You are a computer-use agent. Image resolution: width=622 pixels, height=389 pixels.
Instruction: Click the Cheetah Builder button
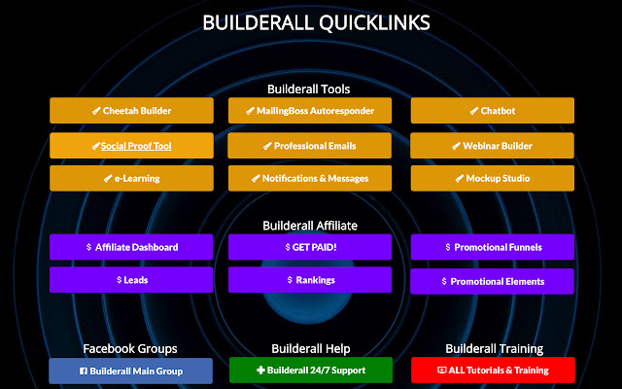tap(131, 111)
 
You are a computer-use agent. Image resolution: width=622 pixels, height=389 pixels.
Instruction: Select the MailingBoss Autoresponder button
tap(310, 111)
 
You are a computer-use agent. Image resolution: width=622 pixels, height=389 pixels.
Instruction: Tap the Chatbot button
tap(492, 111)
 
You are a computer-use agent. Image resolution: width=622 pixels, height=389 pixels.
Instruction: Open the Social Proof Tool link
tap(131, 146)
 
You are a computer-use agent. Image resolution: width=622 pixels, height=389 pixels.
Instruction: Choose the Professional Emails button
tap(310, 146)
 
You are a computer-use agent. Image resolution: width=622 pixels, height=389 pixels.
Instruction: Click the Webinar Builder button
tap(492, 146)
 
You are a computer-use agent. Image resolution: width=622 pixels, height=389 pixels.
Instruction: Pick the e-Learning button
tap(131, 179)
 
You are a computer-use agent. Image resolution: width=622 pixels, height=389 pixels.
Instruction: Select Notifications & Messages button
tap(310, 179)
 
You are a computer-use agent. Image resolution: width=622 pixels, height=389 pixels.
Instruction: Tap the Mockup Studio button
tap(492, 179)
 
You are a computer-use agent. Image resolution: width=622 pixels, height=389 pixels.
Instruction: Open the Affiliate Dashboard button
tap(131, 247)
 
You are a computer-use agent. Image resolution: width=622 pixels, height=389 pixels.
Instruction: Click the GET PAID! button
tap(310, 247)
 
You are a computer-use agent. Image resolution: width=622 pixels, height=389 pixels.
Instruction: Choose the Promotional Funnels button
tap(492, 247)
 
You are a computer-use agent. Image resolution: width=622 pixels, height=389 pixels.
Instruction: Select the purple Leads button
tap(131, 280)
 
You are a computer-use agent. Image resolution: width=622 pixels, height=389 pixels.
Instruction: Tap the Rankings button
tap(310, 280)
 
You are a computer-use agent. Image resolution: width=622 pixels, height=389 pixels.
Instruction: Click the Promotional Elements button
tap(492, 281)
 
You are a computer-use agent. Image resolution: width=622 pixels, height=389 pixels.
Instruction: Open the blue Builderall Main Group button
tap(131, 371)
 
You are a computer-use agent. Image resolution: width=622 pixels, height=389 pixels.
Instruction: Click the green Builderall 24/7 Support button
tap(310, 371)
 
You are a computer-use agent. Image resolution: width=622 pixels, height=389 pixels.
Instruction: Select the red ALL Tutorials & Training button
tap(492, 371)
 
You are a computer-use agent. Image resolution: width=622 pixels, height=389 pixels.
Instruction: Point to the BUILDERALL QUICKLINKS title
tap(316, 21)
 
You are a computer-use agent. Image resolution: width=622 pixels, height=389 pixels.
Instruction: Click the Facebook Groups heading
tap(130, 348)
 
